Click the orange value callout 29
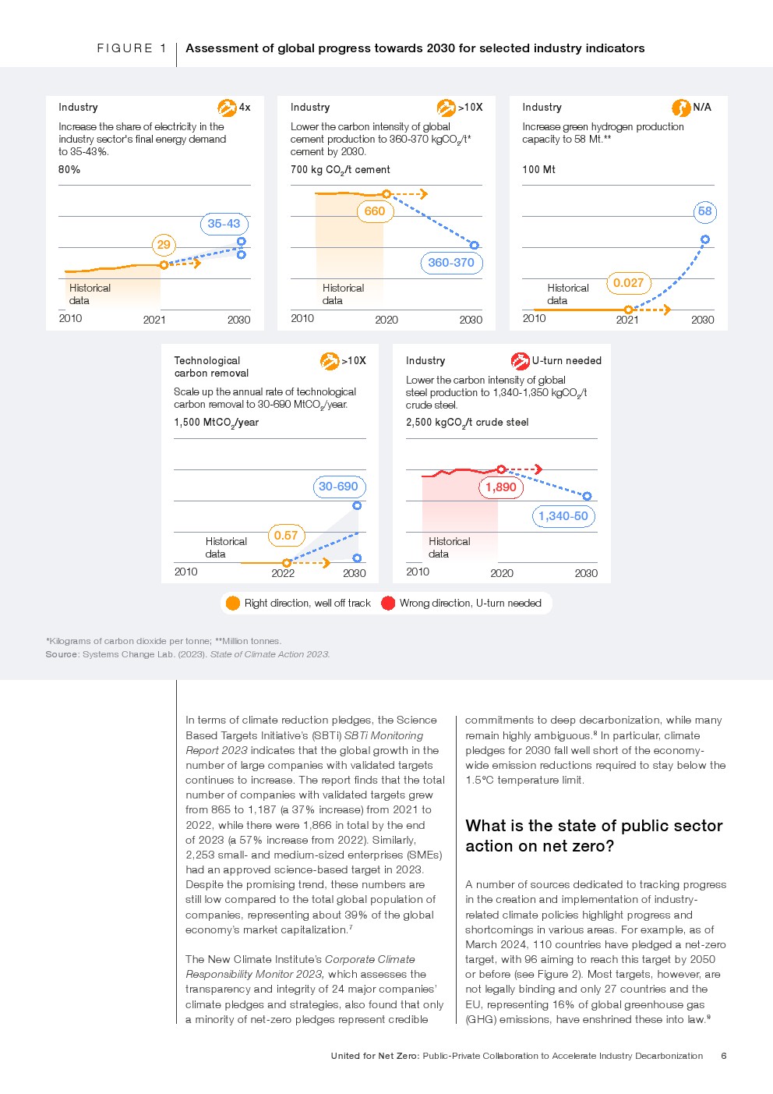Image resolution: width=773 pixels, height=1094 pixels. (x=164, y=245)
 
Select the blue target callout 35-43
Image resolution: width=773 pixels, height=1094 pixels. (x=224, y=224)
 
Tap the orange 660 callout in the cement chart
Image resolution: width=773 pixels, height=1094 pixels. (x=374, y=211)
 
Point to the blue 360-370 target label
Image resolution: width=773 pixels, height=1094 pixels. (x=451, y=263)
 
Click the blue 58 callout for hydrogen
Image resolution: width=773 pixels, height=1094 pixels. (x=704, y=211)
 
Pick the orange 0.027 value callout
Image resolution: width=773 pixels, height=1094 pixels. (x=628, y=283)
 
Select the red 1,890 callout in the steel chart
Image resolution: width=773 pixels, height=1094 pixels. (x=500, y=487)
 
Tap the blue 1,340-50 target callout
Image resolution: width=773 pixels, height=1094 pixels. (x=563, y=516)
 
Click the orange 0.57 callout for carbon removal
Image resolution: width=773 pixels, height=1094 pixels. (x=286, y=536)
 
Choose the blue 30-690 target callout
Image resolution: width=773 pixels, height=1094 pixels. (x=338, y=487)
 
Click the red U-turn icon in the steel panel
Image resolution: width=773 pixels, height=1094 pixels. (x=520, y=360)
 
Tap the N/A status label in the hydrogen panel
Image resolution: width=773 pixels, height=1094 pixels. (x=702, y=108)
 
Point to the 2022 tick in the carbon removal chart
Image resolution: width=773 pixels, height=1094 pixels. (x=283, y=573)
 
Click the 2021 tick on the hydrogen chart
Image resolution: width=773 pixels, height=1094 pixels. (x=627, y=320)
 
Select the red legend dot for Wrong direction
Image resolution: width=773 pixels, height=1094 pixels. (x=388, y=603)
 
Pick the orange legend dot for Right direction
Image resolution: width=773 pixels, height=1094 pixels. (x=232, y=603)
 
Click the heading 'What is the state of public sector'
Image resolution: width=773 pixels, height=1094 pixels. (x=594, y=826)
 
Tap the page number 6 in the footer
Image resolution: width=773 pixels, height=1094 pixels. (x=724, y=1056)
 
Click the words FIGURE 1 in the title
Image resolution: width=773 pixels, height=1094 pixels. (x=132, y=48)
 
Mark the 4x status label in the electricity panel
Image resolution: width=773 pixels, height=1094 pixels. (x=245, y=108)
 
